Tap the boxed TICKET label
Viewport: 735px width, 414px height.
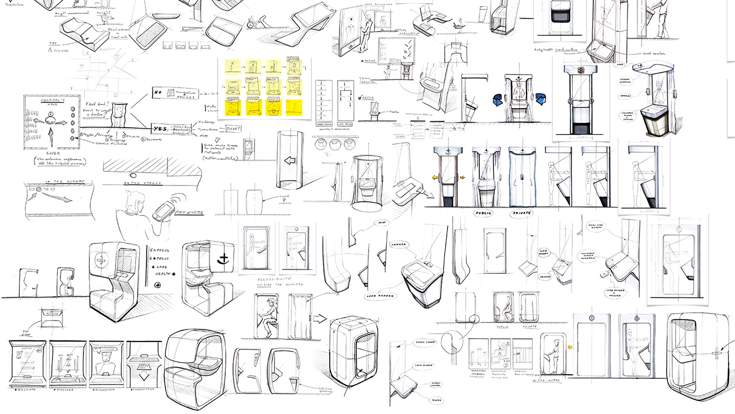tap(233, 129)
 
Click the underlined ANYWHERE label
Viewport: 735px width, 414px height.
tap(186, 213)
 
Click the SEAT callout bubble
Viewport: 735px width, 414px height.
tap(382, 223)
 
